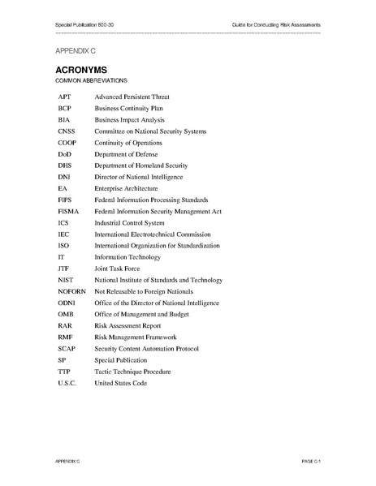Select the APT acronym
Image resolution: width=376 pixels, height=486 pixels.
(64, 97)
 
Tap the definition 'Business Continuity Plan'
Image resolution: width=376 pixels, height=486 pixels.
(130, 108)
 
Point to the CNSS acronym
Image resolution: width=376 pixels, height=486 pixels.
(67, 131)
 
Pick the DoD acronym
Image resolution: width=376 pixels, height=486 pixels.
(65, 153)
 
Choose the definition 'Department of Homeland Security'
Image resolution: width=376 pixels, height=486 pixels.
(140, 165)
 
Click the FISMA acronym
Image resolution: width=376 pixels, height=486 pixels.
(69, 211)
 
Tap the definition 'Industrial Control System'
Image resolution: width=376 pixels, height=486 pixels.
(130, 222)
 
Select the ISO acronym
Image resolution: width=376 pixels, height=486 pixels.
(63, 245)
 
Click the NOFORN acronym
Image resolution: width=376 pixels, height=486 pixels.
(72, 290)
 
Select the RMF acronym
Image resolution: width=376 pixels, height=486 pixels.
(65, 337)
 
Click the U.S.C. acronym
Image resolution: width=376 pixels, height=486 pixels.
(67, 382)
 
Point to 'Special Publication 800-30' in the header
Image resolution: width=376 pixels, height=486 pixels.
(85, 26)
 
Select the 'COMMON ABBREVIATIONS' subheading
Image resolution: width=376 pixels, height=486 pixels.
(91, 82)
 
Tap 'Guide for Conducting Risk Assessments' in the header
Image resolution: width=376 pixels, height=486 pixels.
(276, 26)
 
